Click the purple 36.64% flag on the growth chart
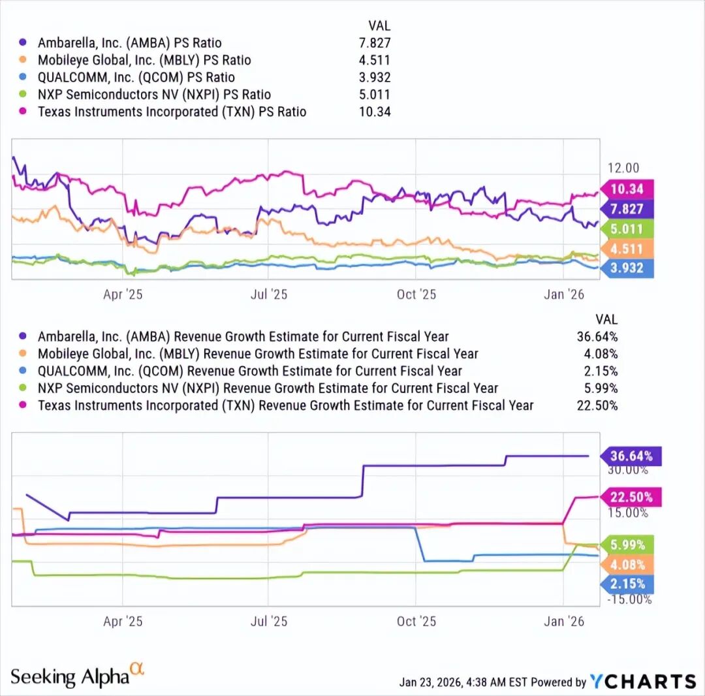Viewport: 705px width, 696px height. click(631, 456)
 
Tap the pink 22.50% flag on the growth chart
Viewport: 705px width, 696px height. click(631, 497)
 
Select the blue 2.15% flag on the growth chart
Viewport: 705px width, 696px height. click(628, 584)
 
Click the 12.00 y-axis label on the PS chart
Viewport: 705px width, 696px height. click(623, 168)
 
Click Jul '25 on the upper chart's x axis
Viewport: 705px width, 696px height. click(268, 294)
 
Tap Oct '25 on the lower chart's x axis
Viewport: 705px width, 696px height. click(416, 621)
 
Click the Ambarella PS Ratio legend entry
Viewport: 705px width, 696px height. click(129, 43)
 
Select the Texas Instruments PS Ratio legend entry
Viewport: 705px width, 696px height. click(172, 112)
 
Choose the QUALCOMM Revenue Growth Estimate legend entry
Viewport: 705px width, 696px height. click(249, 371)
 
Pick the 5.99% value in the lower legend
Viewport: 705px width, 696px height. click(599, 388)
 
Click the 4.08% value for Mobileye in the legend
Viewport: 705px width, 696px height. click(599, 354)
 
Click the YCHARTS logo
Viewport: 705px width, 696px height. click(643, 681)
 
